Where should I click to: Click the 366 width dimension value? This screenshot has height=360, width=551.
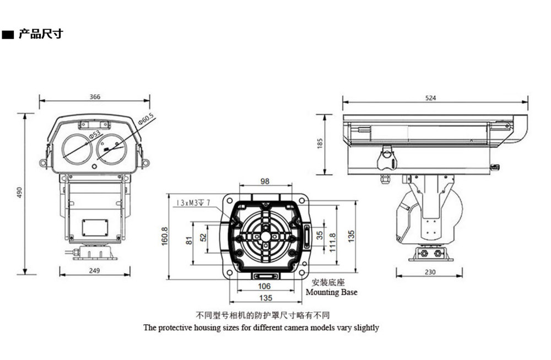[95, 96]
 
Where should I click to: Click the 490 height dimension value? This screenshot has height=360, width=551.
[19, 193]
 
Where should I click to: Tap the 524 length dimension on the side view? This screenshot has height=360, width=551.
[430, 98]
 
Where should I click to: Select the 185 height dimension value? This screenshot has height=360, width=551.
[320, 143]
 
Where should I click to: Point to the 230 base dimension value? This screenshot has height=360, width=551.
[430, 272]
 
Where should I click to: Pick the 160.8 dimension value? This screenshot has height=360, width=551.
[165, 237]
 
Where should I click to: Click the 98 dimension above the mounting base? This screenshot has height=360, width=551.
[265, 181]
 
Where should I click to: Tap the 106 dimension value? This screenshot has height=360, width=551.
[264, 286]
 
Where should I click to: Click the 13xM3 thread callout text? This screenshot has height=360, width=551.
[193, 203]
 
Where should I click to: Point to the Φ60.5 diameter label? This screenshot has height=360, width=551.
[147, 120]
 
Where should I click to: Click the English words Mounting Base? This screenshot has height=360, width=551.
[331, 292]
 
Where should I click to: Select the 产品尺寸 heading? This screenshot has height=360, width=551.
[41, 34]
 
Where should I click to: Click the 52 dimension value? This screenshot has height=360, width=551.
[203, 237]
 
